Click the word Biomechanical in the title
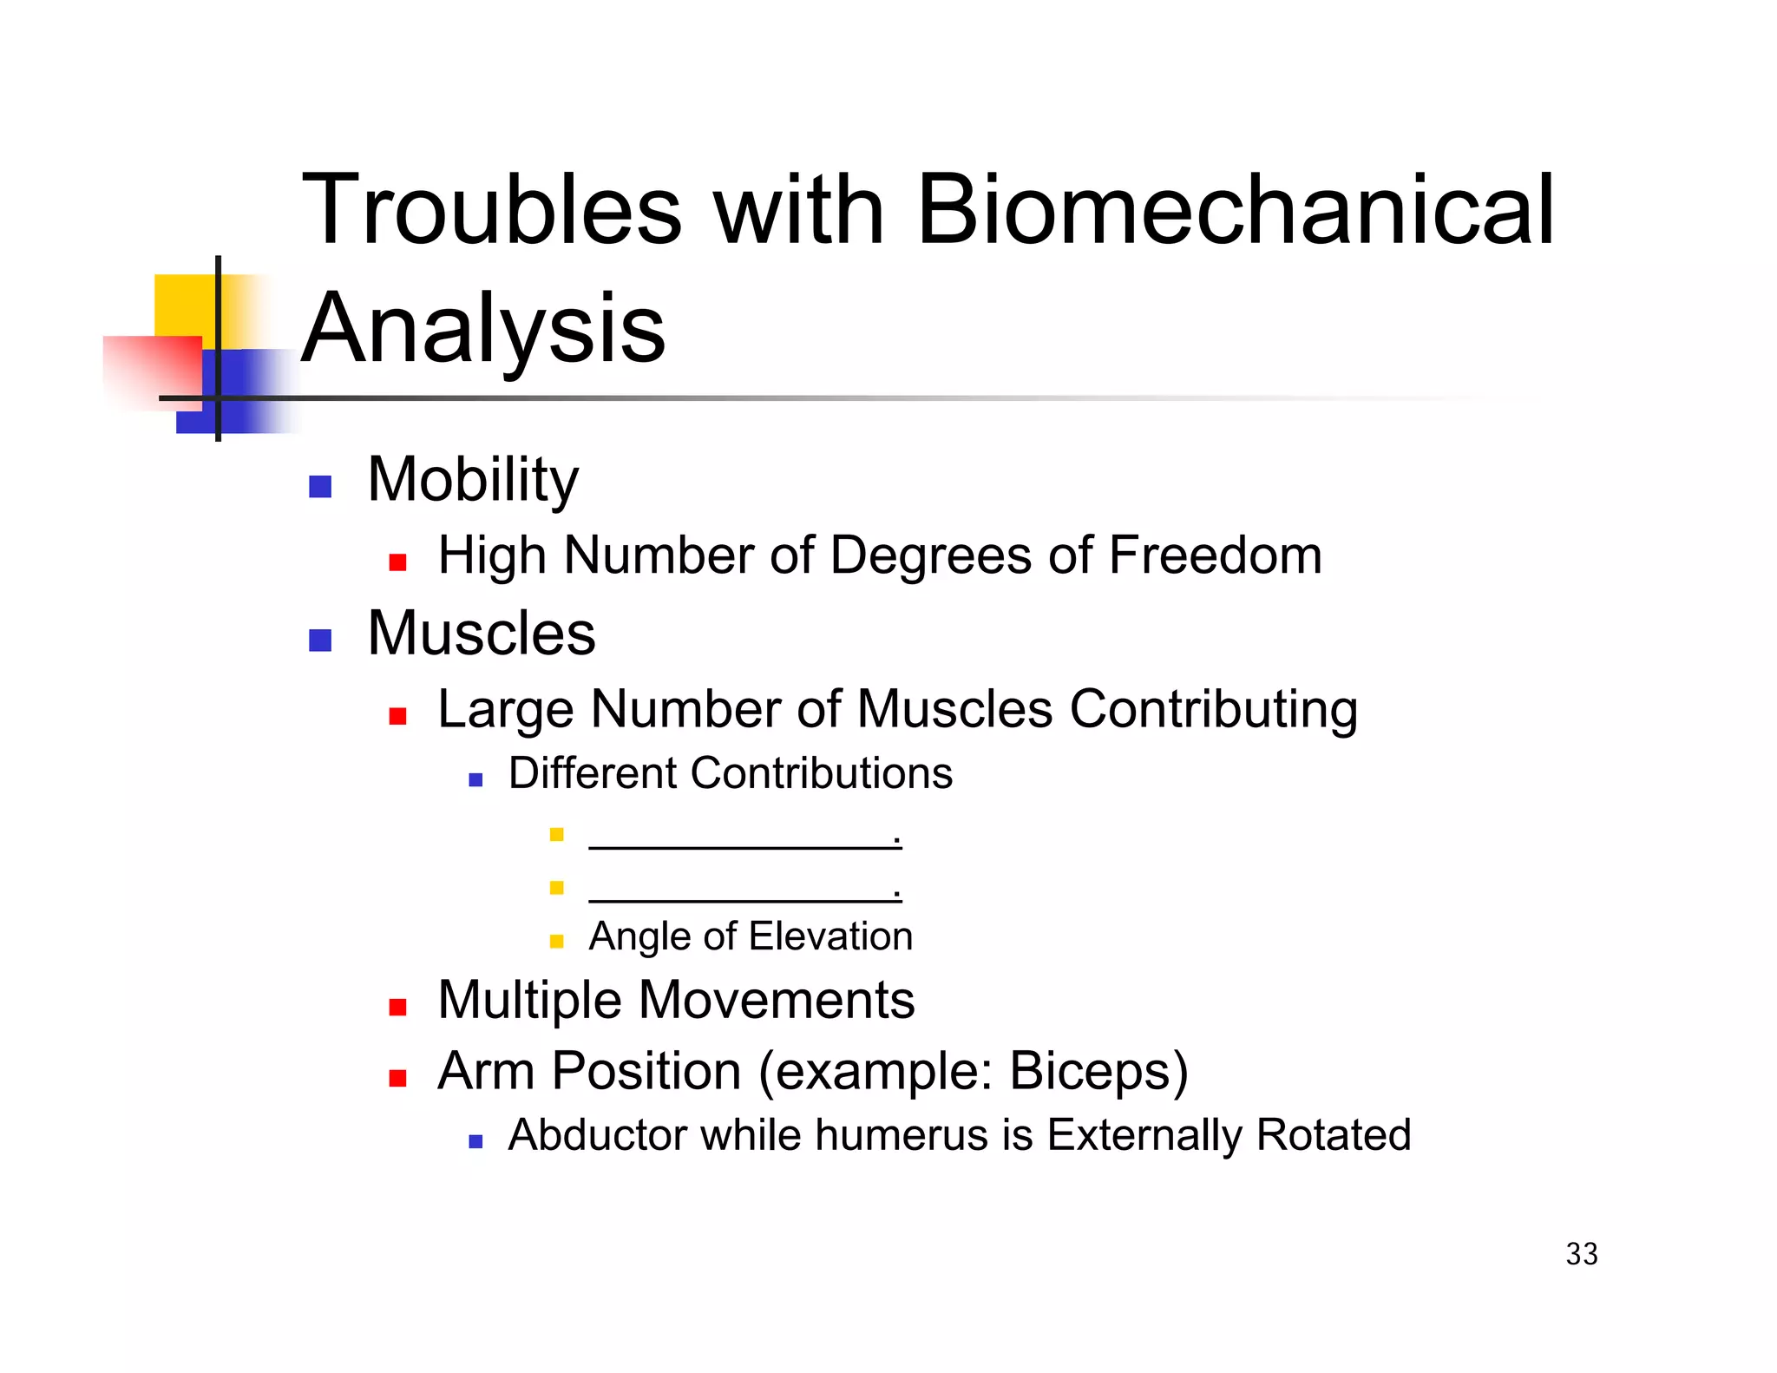point(1235,210)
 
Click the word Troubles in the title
point(492,210)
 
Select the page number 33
point(1581,1254)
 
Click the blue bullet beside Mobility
point(320,487)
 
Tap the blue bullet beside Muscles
point(320,641)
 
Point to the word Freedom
point(1215,555)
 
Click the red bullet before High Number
point(397,562)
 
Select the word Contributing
point(1213,709)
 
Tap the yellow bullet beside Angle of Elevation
point(557,941)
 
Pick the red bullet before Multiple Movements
point(397,1007)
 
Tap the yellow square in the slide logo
point(185,305)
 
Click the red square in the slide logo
point(154,371)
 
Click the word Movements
point(776,1000)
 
